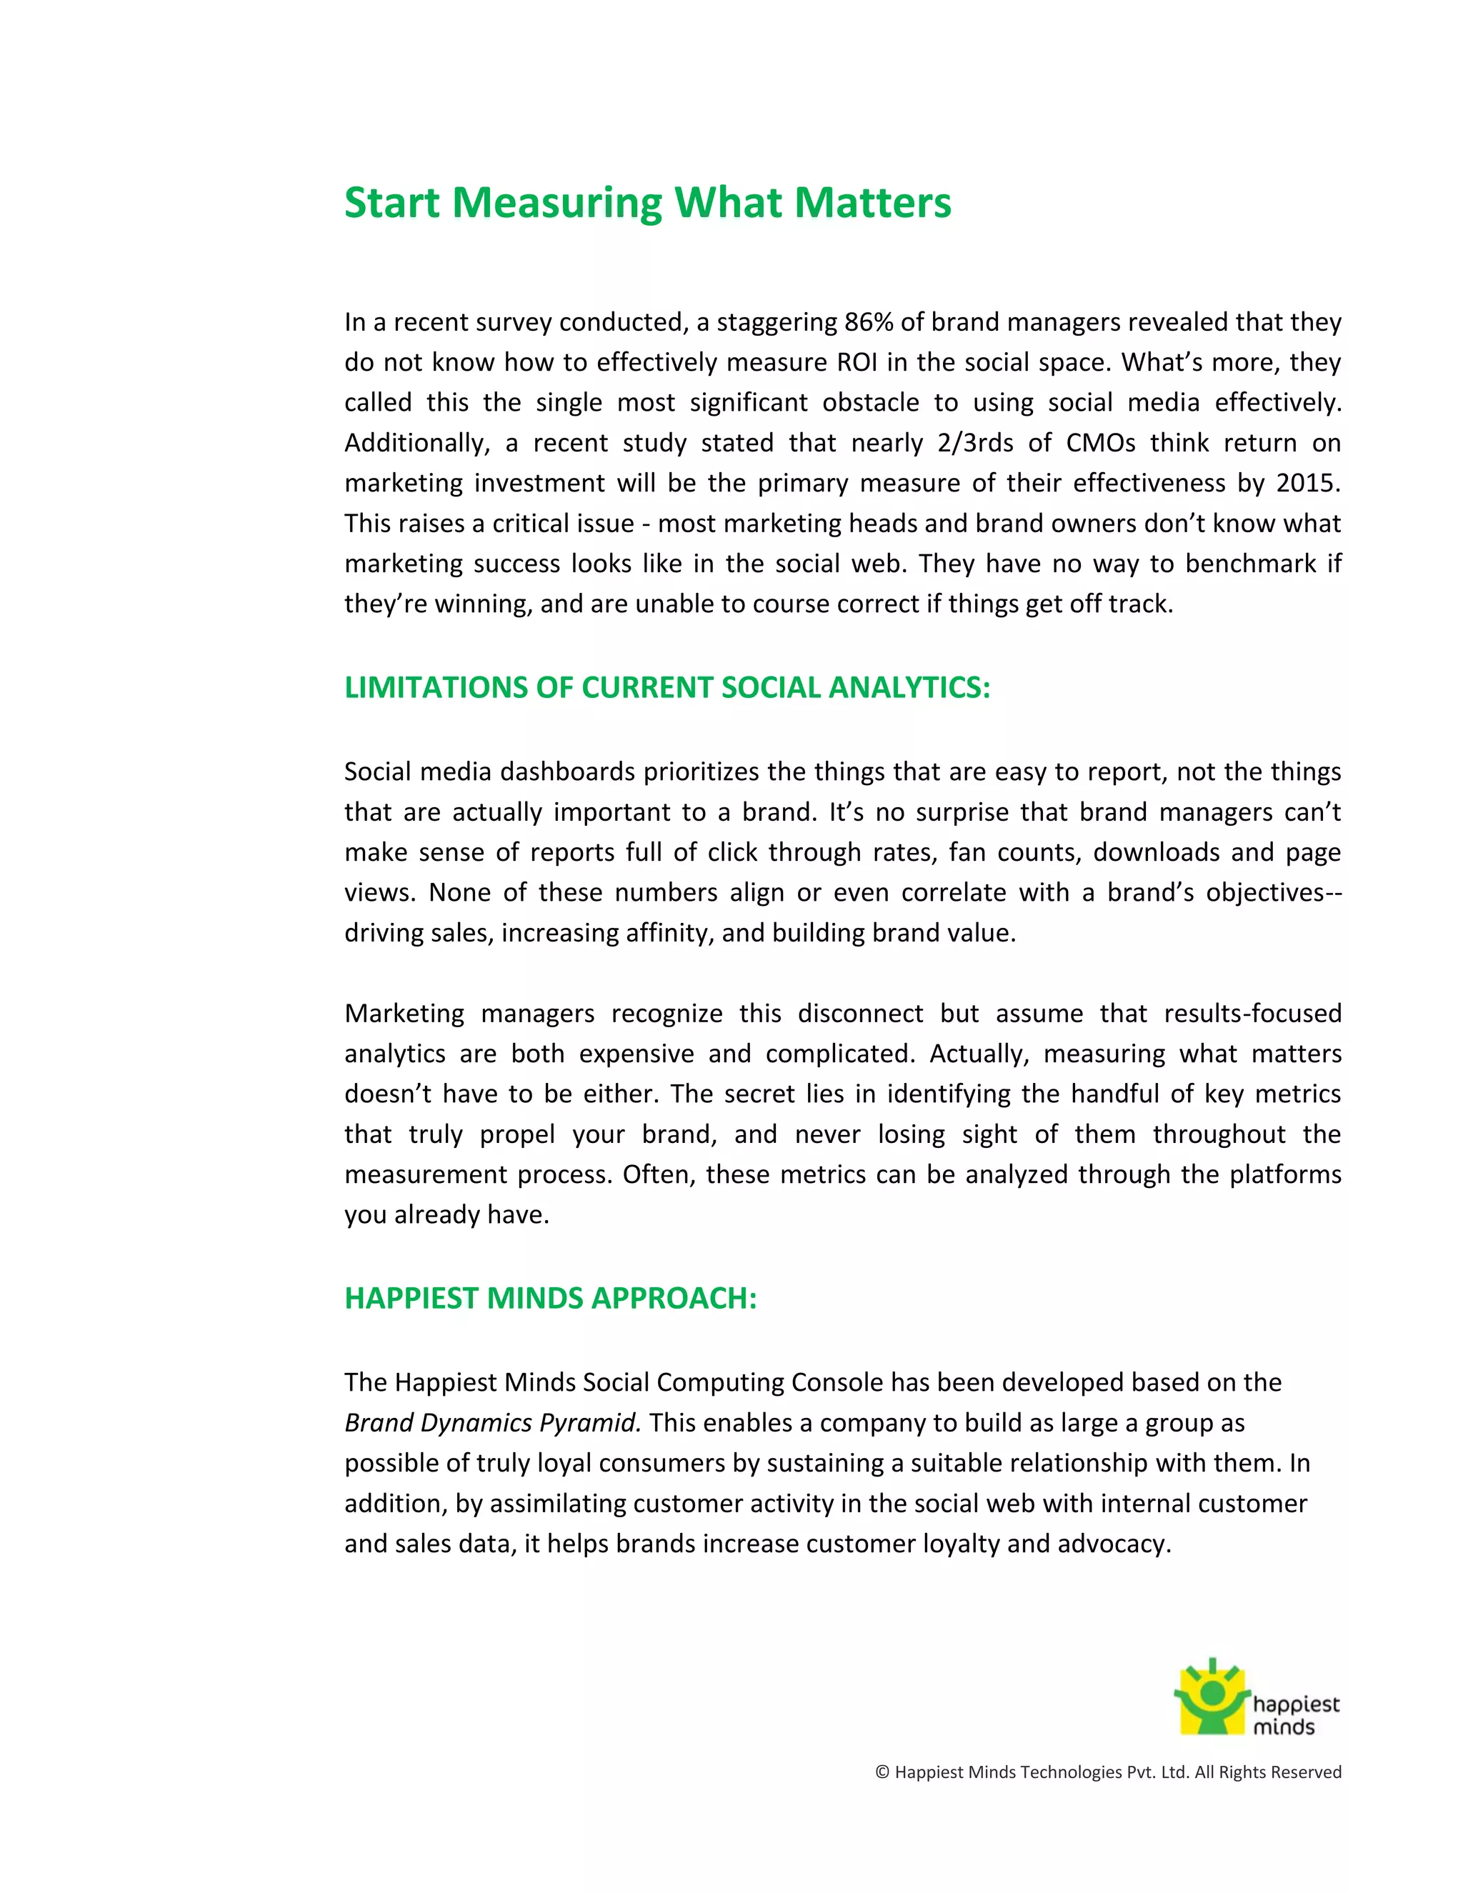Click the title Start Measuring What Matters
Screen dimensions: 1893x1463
coord(647,203)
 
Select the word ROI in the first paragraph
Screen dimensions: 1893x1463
coord(857,362)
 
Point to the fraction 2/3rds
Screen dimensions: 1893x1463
coord(975,443)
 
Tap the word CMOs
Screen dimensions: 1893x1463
coord(1100,443)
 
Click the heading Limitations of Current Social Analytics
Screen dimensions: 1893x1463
coord(666,687)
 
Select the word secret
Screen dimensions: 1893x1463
coord(759,1094)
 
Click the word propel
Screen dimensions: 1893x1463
coord(517,1134)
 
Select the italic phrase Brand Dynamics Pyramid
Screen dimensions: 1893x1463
coord(492,1423)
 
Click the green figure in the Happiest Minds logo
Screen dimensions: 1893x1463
coord(1212,1697)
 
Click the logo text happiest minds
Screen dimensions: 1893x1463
coord(1295,1715)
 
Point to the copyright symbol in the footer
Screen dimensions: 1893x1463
coord(882,1772)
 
